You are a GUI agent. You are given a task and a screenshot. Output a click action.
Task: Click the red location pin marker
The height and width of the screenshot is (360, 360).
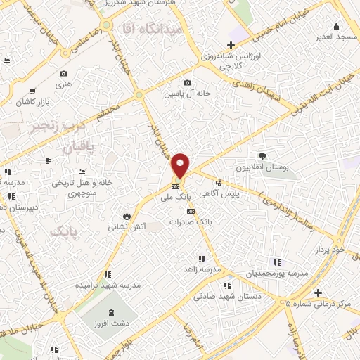181,165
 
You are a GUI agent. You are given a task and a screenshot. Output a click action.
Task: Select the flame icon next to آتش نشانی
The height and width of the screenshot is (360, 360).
127,215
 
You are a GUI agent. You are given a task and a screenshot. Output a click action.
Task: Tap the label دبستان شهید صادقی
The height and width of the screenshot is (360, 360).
226,297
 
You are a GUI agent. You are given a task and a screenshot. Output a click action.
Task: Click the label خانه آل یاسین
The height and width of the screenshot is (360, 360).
188,94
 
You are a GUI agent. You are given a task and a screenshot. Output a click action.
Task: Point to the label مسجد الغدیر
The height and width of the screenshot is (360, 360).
337,35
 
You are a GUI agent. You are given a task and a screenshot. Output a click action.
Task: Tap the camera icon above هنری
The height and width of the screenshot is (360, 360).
64,74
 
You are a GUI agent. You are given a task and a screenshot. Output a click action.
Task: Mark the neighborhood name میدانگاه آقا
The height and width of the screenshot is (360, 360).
152,29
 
